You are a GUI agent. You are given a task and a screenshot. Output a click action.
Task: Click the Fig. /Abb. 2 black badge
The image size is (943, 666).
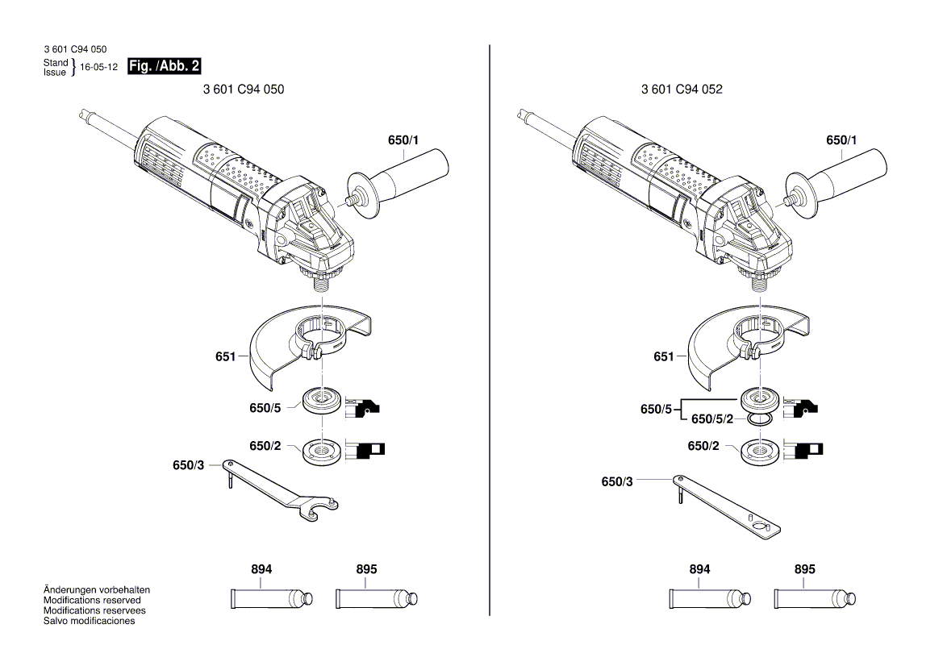coord(165,66)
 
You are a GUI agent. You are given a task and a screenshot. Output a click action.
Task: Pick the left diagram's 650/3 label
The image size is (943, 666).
coord(188,466)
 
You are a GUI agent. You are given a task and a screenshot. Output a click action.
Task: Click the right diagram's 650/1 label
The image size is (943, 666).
coord(841,140)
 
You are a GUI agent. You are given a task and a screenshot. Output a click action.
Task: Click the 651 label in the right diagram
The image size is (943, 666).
coord(663,356)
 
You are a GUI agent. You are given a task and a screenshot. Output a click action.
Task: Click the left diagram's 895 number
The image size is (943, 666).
coord(366,569)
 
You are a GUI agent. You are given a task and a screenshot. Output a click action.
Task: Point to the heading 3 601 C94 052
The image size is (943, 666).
coord(682,89)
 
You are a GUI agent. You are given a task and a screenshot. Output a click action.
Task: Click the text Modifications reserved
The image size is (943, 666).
coord(92,601)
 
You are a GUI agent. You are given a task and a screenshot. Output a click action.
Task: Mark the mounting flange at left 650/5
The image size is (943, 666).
coord(320,400)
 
